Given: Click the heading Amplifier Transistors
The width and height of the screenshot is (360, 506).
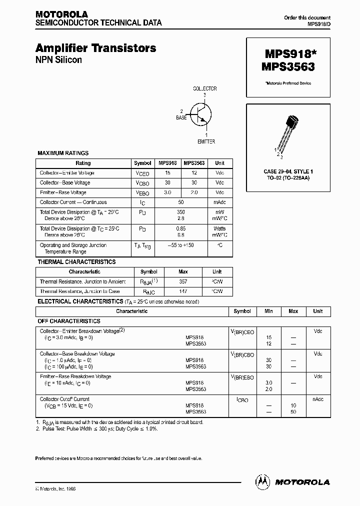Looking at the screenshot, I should pos(95,48).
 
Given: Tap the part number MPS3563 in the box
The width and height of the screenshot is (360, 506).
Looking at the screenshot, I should pos(287,65).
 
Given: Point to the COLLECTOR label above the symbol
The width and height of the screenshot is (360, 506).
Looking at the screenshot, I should pos(205,88).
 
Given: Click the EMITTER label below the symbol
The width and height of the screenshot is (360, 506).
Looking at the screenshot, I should pos(206,141).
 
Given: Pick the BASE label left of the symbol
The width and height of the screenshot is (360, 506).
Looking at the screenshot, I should pos(181,117).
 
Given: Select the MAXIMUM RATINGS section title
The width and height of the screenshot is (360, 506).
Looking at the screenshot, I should pos(63,153).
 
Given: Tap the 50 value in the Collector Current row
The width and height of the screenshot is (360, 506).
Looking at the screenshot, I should pos(181,202).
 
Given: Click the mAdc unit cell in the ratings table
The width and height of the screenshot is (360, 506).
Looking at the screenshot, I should pos(219,202).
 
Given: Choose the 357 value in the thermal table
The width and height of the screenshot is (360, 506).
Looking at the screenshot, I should pos(183,281).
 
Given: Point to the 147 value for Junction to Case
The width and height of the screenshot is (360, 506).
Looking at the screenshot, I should pos(183,291).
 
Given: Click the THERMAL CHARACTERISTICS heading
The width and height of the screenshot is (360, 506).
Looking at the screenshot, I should pos(76,261).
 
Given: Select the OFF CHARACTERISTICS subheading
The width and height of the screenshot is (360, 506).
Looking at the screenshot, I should pos(69,321).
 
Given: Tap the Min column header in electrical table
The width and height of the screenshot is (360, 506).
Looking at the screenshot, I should pos(268,311).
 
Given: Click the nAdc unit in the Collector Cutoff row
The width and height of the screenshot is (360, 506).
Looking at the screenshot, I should pos(317,399).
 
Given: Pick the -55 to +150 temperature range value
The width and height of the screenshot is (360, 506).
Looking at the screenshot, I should pos(181,245).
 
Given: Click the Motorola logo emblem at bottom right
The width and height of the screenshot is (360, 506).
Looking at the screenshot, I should pos(262,481).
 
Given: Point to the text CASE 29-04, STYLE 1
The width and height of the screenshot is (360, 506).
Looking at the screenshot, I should pos(288,172).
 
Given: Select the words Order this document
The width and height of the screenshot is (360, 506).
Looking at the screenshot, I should pos(307,18).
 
